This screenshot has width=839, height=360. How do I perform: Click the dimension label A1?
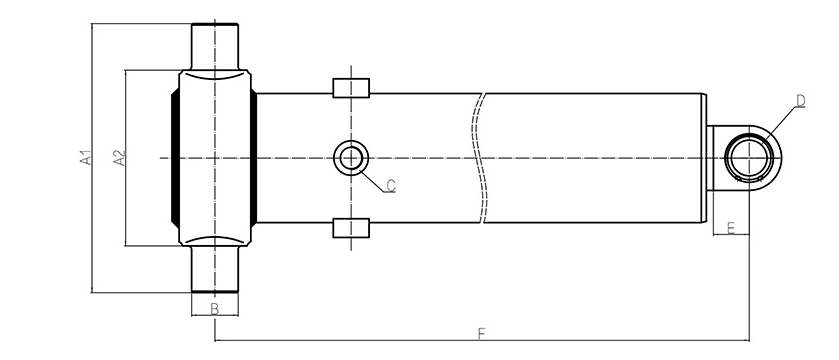click(86, 158)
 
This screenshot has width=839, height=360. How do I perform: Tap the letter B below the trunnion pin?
click(215, 309)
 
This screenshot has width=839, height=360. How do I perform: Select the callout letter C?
click(391, 186)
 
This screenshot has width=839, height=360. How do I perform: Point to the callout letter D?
click(800, 101)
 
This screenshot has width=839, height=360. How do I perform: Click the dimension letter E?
click(731, 228)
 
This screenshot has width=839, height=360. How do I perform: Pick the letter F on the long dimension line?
click(481, 334)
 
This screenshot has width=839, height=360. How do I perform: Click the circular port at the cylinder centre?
click(351, 158)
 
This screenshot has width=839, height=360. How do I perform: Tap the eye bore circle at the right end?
click(749, 158)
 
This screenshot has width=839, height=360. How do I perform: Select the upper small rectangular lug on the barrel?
click(351, 88)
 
